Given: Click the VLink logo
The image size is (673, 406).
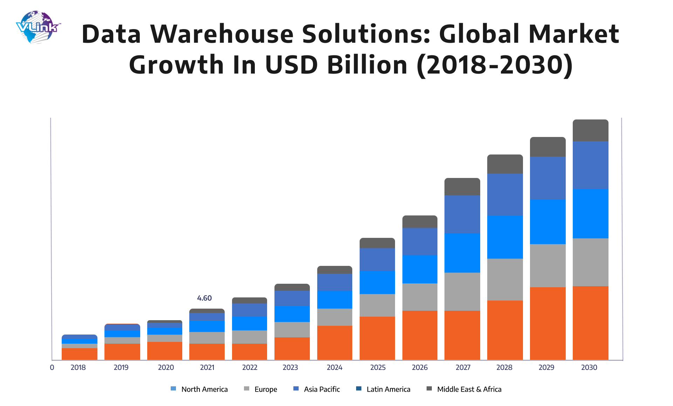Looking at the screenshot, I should pos(38,27).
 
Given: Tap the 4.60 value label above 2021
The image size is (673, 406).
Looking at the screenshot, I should pos(204,298).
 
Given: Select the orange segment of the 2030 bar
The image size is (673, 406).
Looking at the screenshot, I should pos(590,323).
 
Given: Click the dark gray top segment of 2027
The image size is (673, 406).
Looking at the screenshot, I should pos(462,187).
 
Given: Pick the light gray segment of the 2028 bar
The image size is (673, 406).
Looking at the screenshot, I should pos(505,279).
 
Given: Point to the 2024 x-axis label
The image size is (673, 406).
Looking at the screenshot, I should pos(334,367).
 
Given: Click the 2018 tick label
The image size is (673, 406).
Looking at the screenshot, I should pos(78,367).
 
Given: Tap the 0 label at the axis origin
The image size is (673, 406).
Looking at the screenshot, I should pos(52,367).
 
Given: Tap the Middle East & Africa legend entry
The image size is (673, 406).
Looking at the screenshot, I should pos(464,389).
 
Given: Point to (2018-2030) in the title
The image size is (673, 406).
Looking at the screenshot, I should pos(495,65).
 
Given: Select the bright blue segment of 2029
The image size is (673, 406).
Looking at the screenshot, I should pos(548,221).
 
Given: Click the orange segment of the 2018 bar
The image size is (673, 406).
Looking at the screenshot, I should pos(80,354).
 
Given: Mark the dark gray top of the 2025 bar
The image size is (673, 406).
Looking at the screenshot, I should pos(377,243).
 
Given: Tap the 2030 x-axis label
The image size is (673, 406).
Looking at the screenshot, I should pos(589,367).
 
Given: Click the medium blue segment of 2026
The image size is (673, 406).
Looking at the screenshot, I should pos(420,241).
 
